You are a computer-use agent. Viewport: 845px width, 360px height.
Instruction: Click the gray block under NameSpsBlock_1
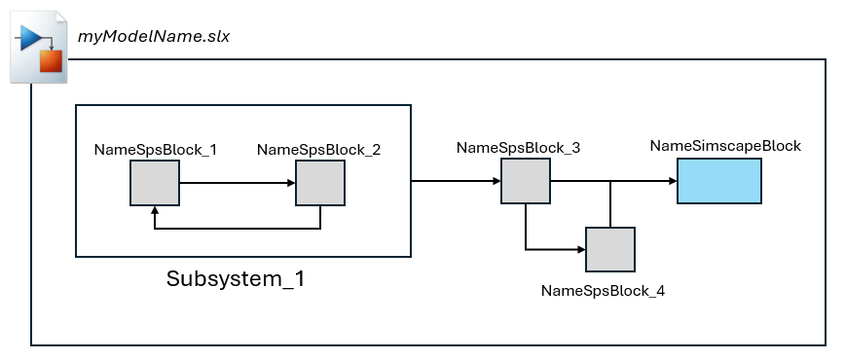click(x=155, y=182)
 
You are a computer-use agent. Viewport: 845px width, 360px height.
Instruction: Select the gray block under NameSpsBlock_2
click(x=320, y=182)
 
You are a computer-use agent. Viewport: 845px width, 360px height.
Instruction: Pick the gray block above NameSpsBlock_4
click(x=610, y=249)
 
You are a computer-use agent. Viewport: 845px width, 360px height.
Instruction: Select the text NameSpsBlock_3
click(x=519, y=148)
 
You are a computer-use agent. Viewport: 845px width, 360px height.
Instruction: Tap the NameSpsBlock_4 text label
click(x=603, y=290)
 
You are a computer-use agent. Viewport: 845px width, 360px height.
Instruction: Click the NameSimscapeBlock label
click(x=725, y=146)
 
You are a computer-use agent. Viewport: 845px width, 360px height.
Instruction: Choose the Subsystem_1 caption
click(x=236, y=279)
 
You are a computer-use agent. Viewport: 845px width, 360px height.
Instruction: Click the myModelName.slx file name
click(x=154, y=37)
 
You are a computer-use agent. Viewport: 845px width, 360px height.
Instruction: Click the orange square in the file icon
click(x=51, y=62)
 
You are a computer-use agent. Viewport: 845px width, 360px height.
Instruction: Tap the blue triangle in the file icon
click(x=30, y=39)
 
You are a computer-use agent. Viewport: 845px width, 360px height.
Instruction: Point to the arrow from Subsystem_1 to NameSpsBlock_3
click(x=456, y=181)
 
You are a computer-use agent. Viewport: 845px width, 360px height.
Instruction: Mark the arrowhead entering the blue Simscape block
click(x=672, y=181)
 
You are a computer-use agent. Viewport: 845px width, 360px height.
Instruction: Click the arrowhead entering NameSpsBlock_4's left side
click(x=580, y=250)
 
